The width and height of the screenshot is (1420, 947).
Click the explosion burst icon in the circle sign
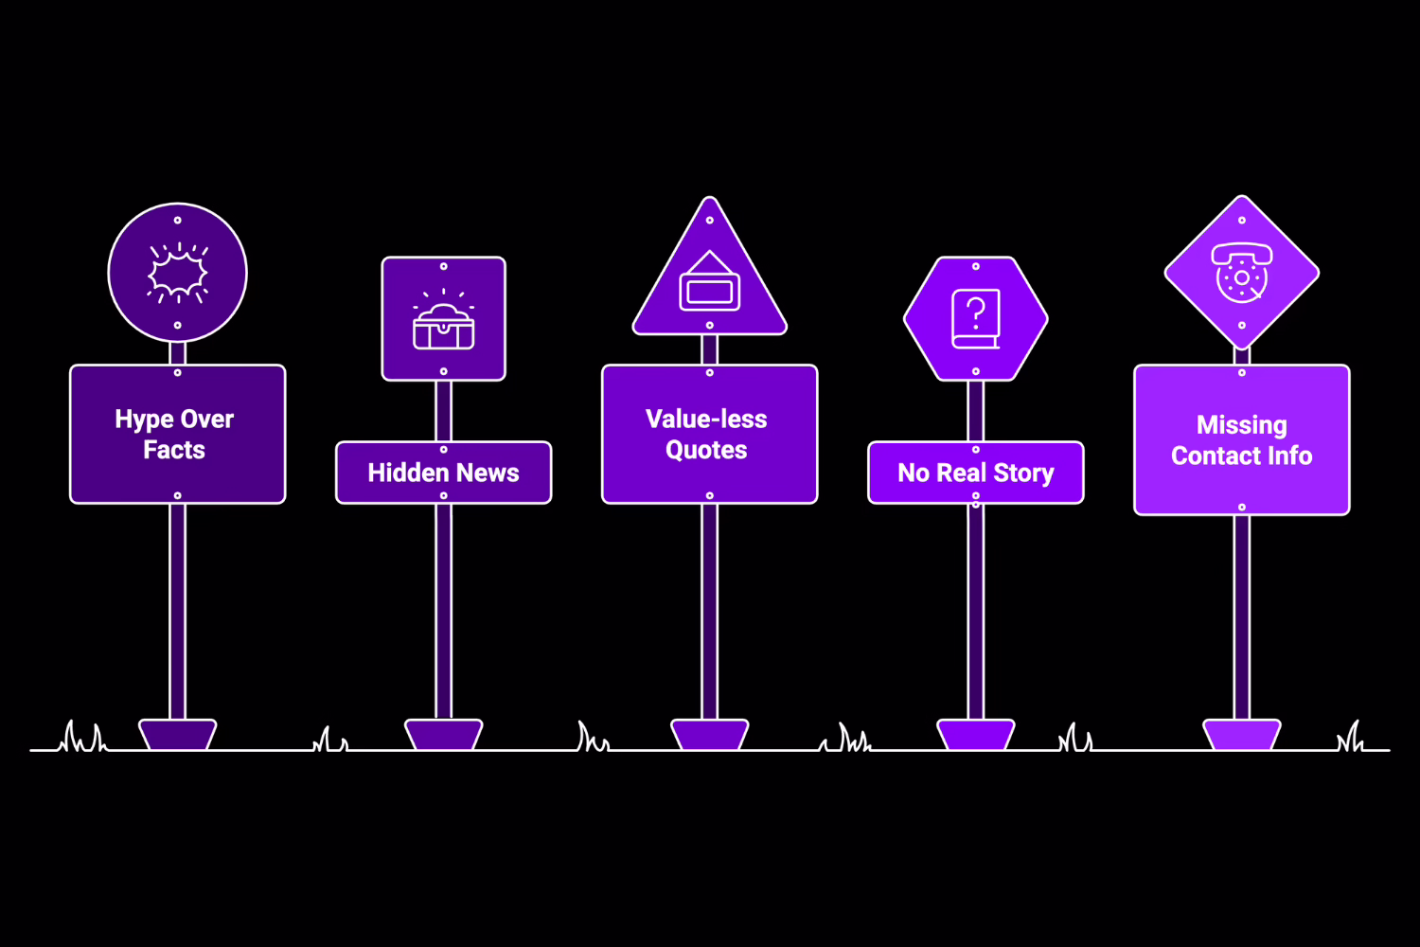(x=177, y=273)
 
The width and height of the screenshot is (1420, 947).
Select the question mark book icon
(x=975, y=319)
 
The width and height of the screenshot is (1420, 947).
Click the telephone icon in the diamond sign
(x=1241, y=272)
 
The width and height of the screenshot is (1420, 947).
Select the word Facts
(x=174, y=450)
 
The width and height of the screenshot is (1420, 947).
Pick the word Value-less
(x=706, y=420)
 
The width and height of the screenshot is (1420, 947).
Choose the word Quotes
(x=706, y=450)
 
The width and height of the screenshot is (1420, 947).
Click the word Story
(x=1023, y=473)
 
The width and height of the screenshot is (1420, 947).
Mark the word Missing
(x=1241, y=425)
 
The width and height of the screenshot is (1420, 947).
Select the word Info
(x=1288, y=456)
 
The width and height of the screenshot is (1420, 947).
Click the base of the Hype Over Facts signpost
(x=177, y=735)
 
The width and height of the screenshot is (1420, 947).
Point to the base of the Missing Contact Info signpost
(x=1241, y=735)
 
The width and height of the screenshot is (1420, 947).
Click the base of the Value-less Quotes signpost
(x=709, y=735)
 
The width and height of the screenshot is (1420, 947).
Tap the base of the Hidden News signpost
(x=443, y=735)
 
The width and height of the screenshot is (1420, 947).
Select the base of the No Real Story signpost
(x=975, y=735)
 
